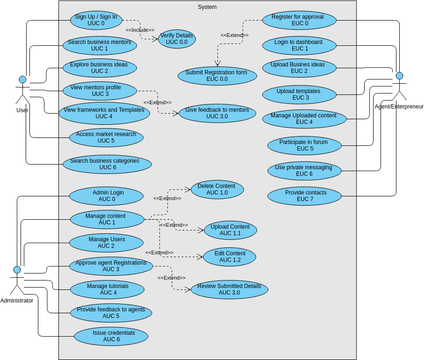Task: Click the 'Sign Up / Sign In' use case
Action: [95, 21]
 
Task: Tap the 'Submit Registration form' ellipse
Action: [217, 75]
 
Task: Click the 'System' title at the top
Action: [207, 6]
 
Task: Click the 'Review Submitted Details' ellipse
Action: [229, 288]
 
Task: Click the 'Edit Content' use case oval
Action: [229, 256]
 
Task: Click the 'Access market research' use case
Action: [105, 137]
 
